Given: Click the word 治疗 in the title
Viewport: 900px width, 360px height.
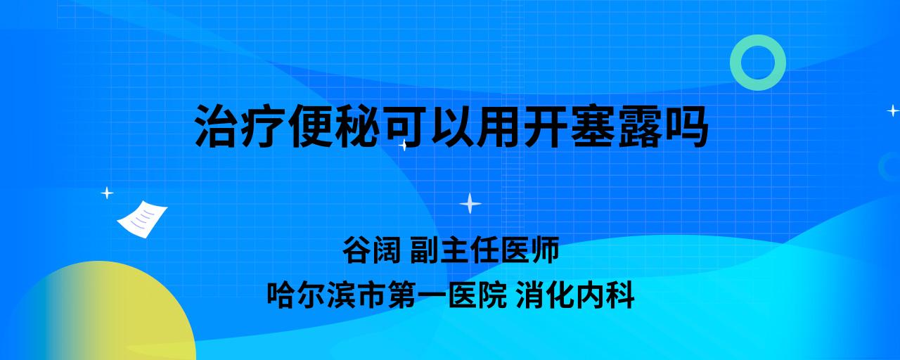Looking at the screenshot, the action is (240, 127).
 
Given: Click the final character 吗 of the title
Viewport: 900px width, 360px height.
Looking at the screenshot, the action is (686, 127).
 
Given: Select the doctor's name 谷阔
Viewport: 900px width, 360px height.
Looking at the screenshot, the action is (372, 250).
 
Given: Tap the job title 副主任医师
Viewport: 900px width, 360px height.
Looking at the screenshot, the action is (484, 250).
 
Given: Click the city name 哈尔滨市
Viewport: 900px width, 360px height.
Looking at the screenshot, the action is (326, 295).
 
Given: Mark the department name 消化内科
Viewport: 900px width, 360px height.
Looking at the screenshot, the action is (575, 295).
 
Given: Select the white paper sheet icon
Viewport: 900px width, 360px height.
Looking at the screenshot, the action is (142, 219).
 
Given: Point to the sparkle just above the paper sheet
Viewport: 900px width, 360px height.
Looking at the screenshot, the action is (107, 193).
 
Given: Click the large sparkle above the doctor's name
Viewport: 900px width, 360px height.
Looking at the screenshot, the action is (470, 204).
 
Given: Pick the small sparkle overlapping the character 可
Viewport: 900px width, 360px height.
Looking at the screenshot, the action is (404, 145).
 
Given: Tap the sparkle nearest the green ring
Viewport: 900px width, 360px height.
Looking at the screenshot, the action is (893, 110).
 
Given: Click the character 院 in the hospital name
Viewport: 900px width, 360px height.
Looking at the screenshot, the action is (492, 295).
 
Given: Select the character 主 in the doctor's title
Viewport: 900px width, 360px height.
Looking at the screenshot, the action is (455, 250).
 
